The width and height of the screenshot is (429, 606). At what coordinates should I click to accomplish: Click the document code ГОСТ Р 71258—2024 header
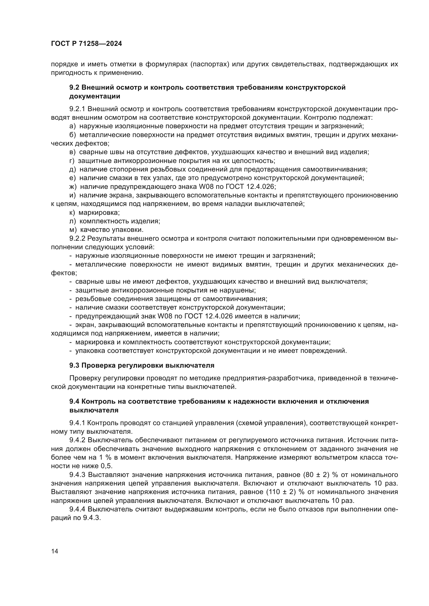(x=86, y=44)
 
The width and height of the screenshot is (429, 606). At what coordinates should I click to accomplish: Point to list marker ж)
(x=73, y=187)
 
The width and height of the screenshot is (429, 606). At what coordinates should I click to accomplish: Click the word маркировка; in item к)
(x=99, y=212)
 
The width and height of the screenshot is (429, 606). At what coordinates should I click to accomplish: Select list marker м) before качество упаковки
(x=73, y=230)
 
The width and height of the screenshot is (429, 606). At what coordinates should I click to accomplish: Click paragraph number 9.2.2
(x=77, y=238)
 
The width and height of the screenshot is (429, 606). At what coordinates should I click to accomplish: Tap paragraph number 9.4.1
(x=77, y=423)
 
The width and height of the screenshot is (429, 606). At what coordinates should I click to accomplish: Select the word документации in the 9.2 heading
(x=95, y=96)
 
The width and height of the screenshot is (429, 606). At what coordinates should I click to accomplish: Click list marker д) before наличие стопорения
(x=73, y=169)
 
